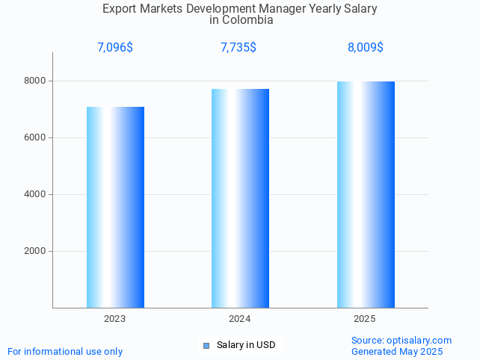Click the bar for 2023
115,207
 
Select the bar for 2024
240,198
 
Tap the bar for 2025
366,194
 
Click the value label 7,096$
115,48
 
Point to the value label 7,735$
239,48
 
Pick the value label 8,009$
366,48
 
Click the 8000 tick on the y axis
34,81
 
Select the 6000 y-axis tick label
34,137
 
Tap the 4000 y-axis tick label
34,194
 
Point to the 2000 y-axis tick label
34,251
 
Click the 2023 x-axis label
115,319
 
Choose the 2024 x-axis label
240,319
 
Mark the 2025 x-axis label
365,319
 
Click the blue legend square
207,345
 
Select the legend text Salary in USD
246,345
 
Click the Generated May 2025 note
397,351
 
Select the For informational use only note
65,351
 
